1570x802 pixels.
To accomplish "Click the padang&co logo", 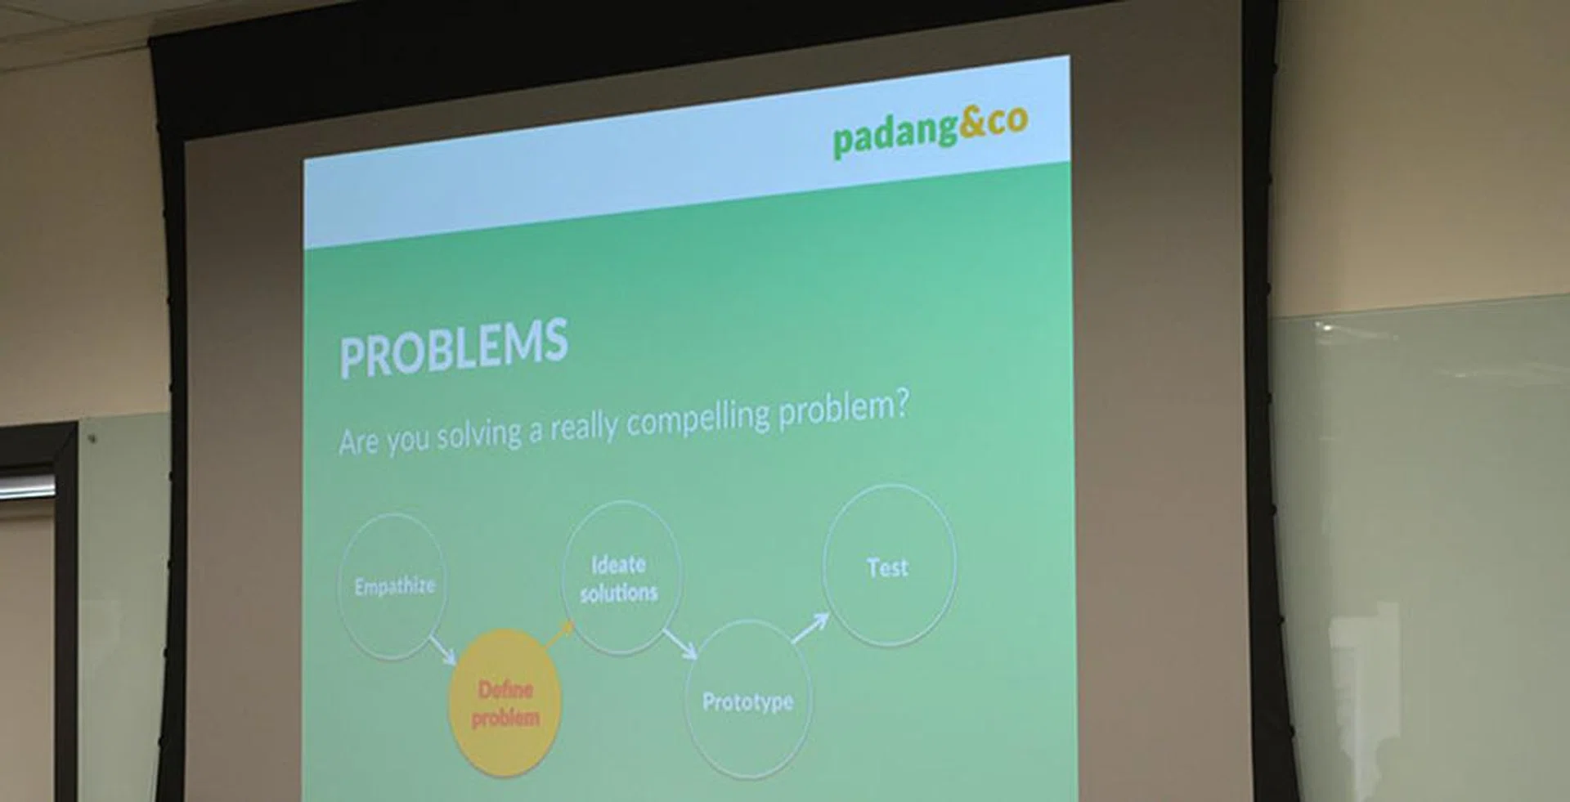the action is click(931, 131).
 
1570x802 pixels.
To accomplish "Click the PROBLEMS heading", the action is click(454, 347).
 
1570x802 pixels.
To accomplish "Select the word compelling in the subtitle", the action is click(698, 419).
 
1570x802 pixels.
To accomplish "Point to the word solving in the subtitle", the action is click(479, 435).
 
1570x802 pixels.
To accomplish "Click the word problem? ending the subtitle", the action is click(843, 409).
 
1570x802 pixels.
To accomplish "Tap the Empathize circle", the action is click(393, 586).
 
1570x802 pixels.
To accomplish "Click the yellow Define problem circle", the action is click(505, 703).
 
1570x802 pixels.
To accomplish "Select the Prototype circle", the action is click(748, 699).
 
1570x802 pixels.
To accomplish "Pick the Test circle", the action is click(889, 566).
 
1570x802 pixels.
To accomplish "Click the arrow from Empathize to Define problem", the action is click(442, 650).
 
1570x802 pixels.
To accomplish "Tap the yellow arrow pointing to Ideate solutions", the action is click(560, 634).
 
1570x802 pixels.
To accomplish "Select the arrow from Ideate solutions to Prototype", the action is click(680, 643).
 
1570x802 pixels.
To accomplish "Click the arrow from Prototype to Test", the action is click(810, 628).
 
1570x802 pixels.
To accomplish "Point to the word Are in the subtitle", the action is click(358, 442).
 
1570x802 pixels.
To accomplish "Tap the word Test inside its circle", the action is click(888, 567).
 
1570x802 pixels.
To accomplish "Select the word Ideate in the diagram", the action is click(618, 565).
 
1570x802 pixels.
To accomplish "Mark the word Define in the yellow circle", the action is click(505, 690).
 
